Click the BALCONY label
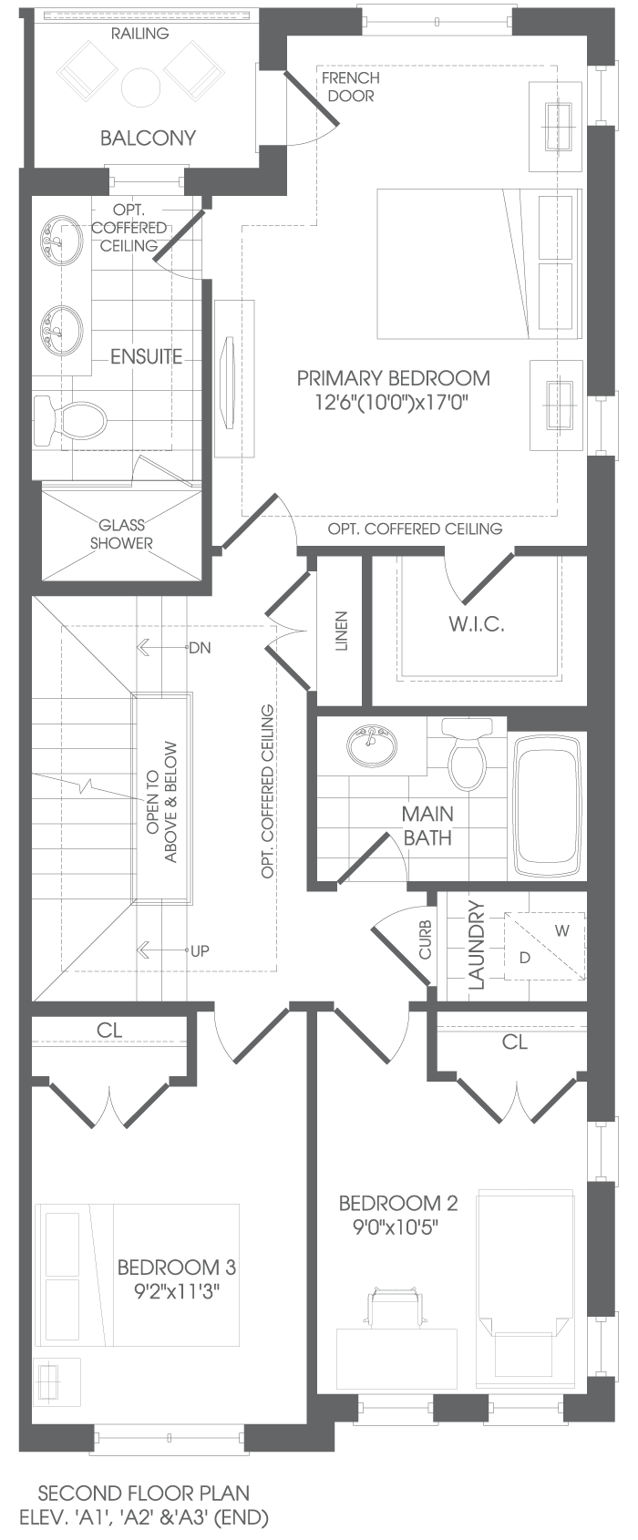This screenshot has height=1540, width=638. [x=148, y=139]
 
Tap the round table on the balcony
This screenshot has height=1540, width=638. [x=141, y=87]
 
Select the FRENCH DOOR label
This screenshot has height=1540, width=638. [x=351, y=87]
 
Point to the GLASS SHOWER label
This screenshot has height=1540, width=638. [x=122, y=534]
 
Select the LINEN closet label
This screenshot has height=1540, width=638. [x=341, y=631]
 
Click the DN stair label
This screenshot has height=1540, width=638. [x=201, y=648]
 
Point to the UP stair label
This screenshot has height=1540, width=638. [x=200, y=950]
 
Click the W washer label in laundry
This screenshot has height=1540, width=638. [x=562, y=931]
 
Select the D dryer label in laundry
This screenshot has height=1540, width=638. [x=525, y=958]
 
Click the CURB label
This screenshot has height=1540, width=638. [x=426, y=939]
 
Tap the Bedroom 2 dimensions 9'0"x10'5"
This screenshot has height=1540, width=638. [x=396, y=1227]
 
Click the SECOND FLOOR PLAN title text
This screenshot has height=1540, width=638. [x=144, y=1493]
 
